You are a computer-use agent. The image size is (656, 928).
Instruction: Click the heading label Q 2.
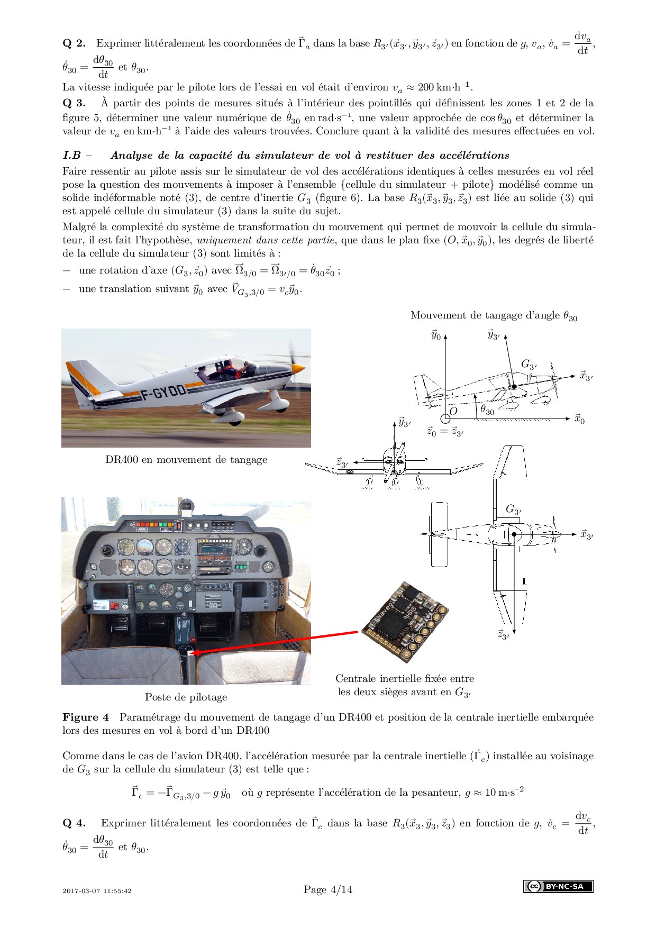click(74, 43)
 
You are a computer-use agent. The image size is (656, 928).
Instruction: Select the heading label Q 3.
click(74, 103)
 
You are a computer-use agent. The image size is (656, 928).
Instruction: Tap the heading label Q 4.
click(74, 823)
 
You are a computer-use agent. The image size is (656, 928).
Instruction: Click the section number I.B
click(71, 156)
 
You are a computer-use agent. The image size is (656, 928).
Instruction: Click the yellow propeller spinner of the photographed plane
click(298, 368)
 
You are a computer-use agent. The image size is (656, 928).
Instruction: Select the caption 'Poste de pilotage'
click(186, 697)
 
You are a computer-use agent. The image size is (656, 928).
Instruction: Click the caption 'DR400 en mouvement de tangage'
click(186, 460)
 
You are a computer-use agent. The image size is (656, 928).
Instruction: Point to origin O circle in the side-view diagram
click(445, 418)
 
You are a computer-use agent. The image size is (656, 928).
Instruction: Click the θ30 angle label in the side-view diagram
click(487, 410)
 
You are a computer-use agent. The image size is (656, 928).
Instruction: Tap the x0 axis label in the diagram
click(580, 419)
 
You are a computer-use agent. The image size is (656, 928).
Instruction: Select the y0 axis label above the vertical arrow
click(435, 335)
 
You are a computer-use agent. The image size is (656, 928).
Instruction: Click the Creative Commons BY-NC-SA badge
click(558, 886)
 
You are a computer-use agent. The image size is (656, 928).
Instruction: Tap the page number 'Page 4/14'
click(328, 889)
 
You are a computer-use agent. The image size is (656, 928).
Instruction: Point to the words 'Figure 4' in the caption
click(86, 717)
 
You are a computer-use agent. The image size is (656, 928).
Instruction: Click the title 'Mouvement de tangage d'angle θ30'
click(494, 316)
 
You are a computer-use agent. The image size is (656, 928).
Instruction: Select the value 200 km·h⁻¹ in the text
click(444, 87)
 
